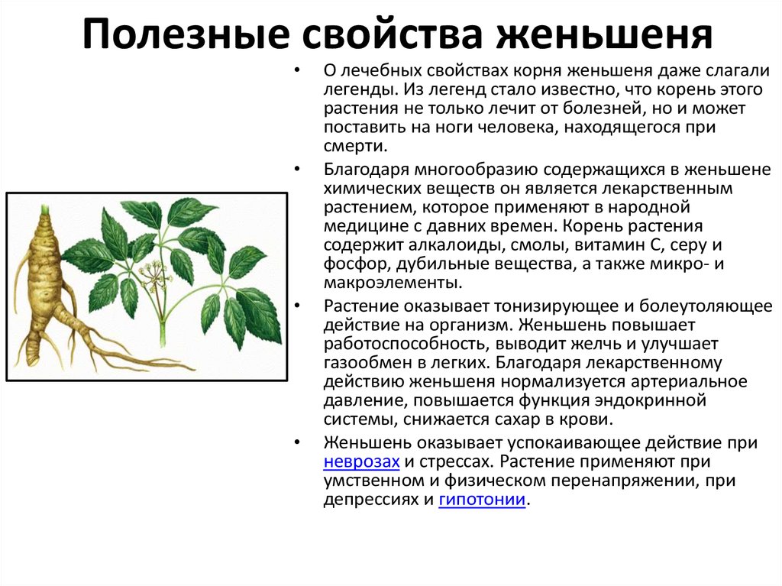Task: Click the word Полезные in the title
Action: [186, 34]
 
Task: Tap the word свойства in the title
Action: [393, 34]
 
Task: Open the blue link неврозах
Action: [361, 461]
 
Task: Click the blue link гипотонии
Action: [483, 499]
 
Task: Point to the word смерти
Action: [356, 146]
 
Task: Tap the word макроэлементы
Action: [393, 283]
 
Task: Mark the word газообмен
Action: [367, 362]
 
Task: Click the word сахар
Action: [517, 419]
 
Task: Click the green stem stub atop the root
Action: [45, 209]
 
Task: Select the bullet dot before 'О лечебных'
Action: [297, 70]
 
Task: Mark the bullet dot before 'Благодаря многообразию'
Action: [297, 169]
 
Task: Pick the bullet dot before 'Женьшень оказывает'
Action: [297, 442]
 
